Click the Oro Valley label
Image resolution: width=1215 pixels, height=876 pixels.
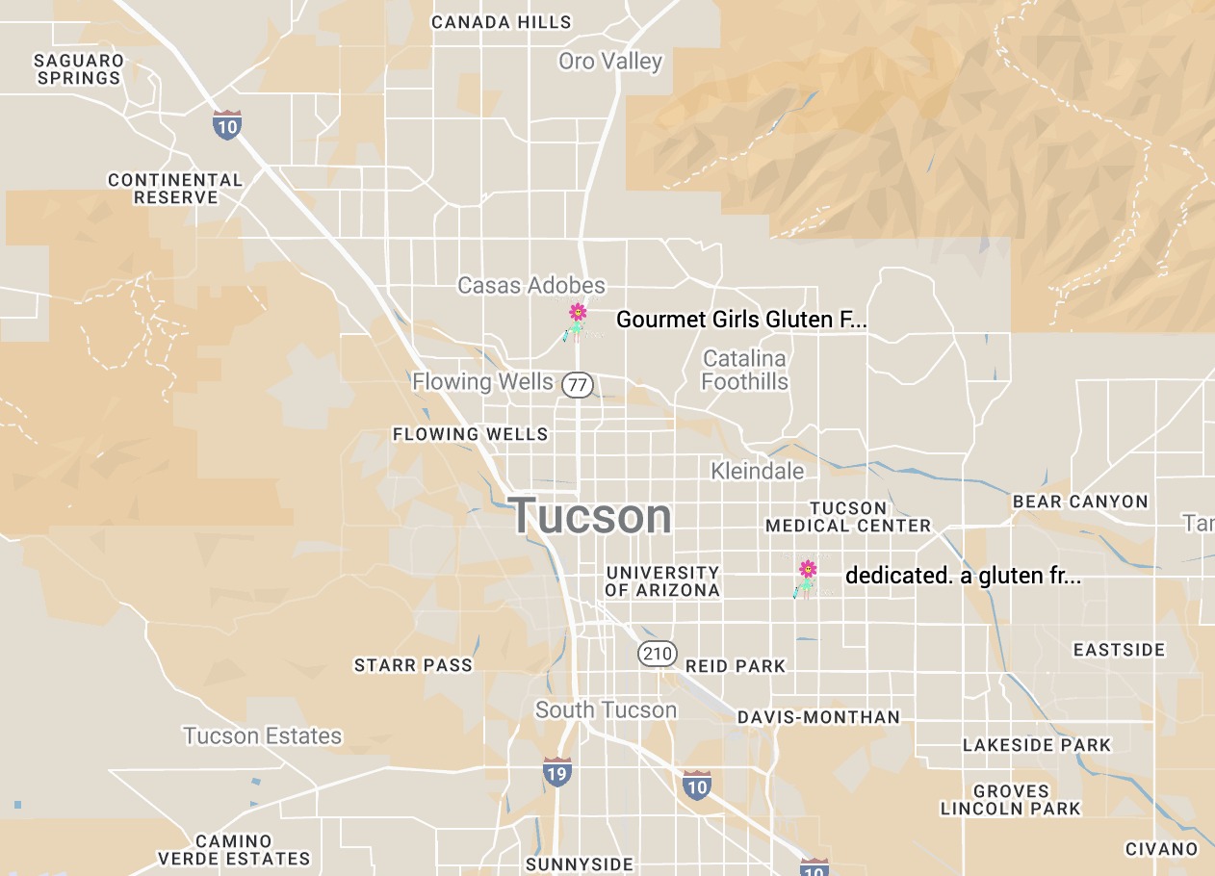pyautogui.click(x=610, y=62)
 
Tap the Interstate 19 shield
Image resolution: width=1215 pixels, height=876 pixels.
pyautogui.click(x=556, y=771)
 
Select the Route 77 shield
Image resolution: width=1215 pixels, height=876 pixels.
pyautogui.click(x=578, y=386)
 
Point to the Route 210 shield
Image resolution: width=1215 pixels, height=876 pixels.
pyautogui.click(x=658, y=655)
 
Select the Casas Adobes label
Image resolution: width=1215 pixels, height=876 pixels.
pyautogui.click(x=531, y=286)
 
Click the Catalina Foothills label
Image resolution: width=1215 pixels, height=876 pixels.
pyautogui.click(x=744, y=371)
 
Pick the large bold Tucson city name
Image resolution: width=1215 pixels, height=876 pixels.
pyautogui.click(x=591, y=516)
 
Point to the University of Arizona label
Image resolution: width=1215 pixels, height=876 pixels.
pyautogui.click(x=662, y=581)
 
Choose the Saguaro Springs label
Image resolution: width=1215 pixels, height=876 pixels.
pyautogui.click(x=79, y=69)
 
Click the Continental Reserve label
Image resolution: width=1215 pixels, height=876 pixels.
pyautogui.click(x=175, y=189)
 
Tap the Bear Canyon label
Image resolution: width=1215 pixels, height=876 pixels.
pyautogui.click(x=1080, y=502)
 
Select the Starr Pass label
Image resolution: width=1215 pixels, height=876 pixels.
pyautogui.click(x=413, y=665)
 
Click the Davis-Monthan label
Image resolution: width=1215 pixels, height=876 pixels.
pyautogui.click(x=818, y=717)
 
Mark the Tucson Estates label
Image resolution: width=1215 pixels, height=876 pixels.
pyautogui.click(x=263, y=736)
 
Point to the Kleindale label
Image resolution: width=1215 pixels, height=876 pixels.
pyautogui.click(x=757, y=471)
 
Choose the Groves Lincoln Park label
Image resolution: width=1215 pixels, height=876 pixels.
pyautogui.click(x=1010, y=800)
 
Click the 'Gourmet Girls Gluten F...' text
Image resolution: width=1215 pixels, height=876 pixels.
pyautogui.click(x=741, y=320)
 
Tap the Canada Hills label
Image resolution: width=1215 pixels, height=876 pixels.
pyautogui.click(x=501, y=22)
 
